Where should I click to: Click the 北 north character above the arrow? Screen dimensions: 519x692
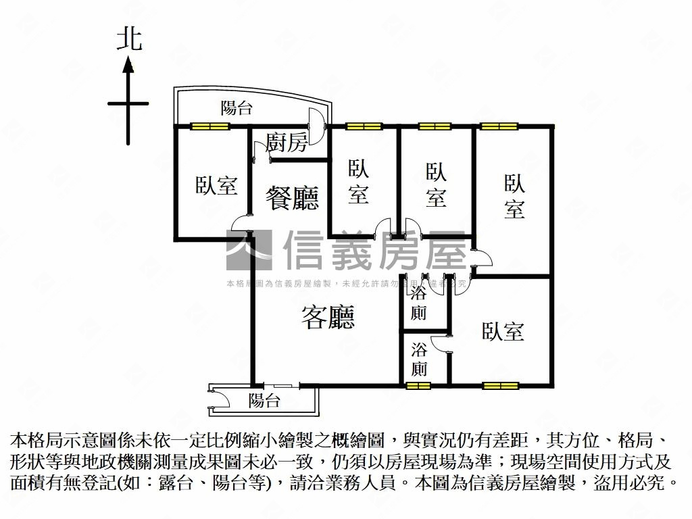click(x=129, y=39)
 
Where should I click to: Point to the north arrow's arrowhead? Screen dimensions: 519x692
click(x=128, y=65)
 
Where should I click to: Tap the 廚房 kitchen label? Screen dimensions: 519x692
click(x=287, y=143)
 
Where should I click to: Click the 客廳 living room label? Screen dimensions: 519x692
click(x=328, y=317)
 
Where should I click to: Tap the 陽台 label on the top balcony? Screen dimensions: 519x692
click(x=237, y=107)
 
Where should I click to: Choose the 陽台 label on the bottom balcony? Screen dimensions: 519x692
click(x=264, y=400)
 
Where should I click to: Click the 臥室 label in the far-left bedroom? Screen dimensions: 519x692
click(x=217, y=185)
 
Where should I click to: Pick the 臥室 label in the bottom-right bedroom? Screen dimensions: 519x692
click(x=503, y=331)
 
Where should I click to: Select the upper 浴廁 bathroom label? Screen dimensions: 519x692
click(x=419, y=304)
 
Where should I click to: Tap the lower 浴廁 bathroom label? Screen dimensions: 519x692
click(x=419, y=360)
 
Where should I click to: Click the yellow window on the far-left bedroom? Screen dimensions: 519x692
click(x=209, y=126)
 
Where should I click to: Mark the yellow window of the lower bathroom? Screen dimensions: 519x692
click(x=418, y=386)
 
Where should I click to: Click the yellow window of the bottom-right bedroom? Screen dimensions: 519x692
click(x=501, y=386)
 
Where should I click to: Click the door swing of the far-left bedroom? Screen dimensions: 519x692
click(x=240, y=223)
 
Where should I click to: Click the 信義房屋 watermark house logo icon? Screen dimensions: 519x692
click(x=249, y=251)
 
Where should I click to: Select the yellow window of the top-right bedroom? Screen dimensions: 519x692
click(x=499, y=126)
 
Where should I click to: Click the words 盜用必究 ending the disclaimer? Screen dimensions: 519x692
click(x=635, y=483)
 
